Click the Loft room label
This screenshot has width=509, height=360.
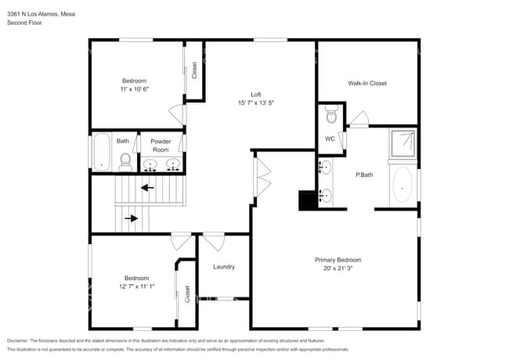pyautogui.click(x=255, y=94)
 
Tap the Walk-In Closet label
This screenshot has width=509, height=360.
pyautogui.click(x=367, y=83)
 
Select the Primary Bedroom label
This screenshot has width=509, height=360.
pyautogui.click(x=338, y=260)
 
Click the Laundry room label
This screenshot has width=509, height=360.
pyautogui.click(x=224, y=267)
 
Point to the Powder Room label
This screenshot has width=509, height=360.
pyautogui.click(x=161, y=145)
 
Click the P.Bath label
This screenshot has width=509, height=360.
pyautogui.click(x=364, y=175)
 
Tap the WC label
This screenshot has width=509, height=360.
pyautogui.click(x=330, y=139)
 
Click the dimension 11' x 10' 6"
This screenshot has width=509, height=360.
pyautogui.click(x=134, y=89)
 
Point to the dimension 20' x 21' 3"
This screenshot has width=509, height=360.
pyautogui.click(x=338, y=268)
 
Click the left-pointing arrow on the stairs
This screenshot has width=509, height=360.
pyautogui.click(x=146, y=188)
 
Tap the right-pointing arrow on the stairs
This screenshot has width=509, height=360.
pyautogui.click(x=131, y=218)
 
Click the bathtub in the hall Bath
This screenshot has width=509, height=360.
pyautogui.click(x=100, y=152)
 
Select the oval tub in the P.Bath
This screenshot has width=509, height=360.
pyautogui.click(x=403, y=186)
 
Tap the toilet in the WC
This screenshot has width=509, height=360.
pyautogui.click(x=331, y=117)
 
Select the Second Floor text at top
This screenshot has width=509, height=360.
pyautogui.click(x=24, y=23)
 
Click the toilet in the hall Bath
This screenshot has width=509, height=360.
pyautogui.click(x=125, y=161)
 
